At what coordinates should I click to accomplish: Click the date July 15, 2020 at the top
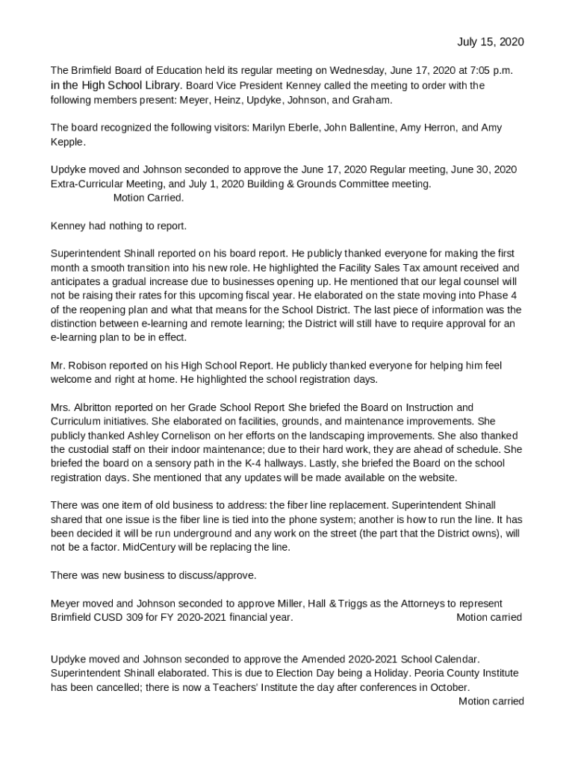click(490, 42)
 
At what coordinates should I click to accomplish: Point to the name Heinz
click(234, 99)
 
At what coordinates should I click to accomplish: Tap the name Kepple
click(67, 142)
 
